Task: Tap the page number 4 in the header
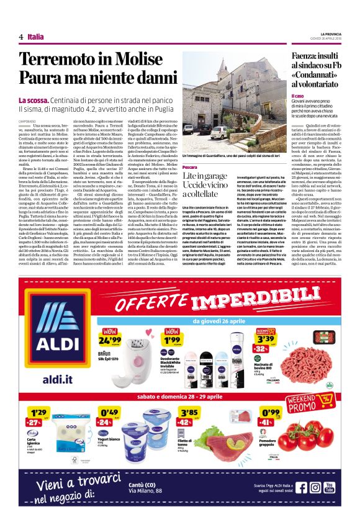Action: (20, 37)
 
